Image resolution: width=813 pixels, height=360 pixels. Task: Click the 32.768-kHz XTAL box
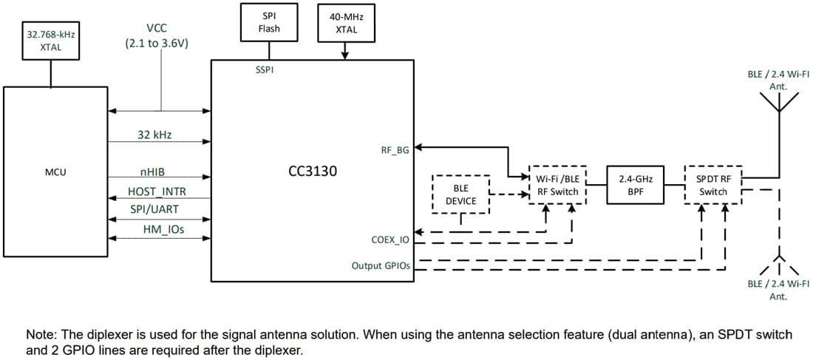(x=50, y=41)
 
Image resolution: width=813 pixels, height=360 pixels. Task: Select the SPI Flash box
(x=269, y=22)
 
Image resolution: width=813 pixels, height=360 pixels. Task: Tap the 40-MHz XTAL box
(x=346, y=23)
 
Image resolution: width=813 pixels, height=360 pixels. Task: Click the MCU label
(x=55, y=172)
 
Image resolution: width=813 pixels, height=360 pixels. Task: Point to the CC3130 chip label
(x=312, y=171)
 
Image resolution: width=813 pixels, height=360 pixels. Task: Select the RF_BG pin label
(x=395, y=149)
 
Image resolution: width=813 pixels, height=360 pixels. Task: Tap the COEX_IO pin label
(x=390, y=240)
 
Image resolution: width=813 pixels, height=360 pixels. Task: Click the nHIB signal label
(x=152, y=172)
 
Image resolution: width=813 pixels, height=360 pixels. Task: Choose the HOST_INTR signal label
(x=157, y=191)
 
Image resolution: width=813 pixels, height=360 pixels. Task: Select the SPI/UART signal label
(x=154, y=210)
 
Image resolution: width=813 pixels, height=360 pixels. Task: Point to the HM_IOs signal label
(x=163, y=230)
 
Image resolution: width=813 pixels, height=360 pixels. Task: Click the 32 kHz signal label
(x=154, y=135)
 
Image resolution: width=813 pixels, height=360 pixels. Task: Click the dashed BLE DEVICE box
(x=460, y=194)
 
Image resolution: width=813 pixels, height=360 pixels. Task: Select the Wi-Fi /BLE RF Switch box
(x=558, y=185)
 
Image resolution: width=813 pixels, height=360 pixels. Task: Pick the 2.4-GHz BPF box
(x=636, y=185)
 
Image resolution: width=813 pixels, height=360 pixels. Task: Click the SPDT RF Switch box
(x=713, y=185)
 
